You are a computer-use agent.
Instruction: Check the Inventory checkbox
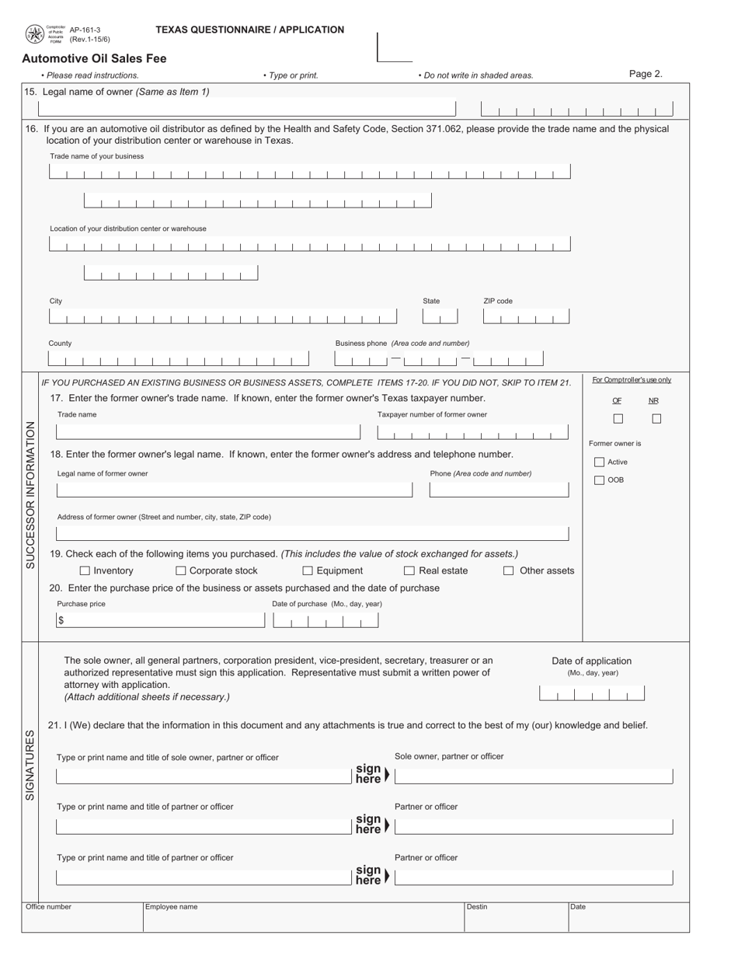coord(85,571)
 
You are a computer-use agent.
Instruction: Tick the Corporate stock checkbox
coord(181,571)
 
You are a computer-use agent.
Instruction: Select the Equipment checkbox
coord(308,571)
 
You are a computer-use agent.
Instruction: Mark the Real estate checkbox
coord(409,571)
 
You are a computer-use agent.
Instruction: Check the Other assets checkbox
coord(509,571)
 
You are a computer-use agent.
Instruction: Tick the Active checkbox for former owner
coord(599,462)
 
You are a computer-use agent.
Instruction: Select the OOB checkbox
coord(599,480)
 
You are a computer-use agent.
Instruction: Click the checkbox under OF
coord(618,419)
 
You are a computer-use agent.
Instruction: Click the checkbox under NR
coord(656,419)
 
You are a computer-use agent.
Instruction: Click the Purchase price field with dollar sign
coord(160,620)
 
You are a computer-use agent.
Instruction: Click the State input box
coord(440,316)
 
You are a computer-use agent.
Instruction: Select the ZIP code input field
coord(526,316)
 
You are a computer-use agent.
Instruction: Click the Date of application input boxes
coord(591,693)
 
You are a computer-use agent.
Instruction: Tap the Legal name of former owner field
coord(234,490)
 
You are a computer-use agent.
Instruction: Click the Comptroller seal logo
coord(35,34)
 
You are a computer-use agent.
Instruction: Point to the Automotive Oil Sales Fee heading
coord(94,58)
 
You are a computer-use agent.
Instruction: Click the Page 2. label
coord(646,75)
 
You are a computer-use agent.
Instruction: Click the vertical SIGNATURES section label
coord(30,765)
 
